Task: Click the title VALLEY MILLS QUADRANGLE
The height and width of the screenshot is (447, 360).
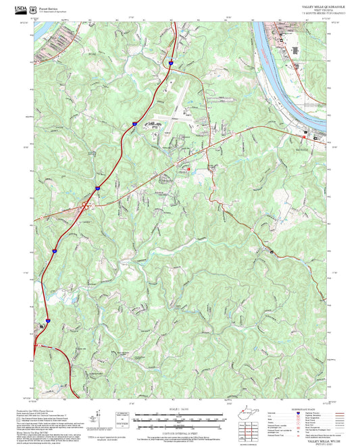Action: click(x=322, y=5)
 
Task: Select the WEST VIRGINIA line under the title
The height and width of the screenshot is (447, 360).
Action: click(x=322, y=9)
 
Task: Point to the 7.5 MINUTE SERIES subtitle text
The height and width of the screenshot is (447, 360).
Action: click(x=322, y=12)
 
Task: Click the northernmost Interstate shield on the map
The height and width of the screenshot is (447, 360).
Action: click(x=171, y=61)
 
